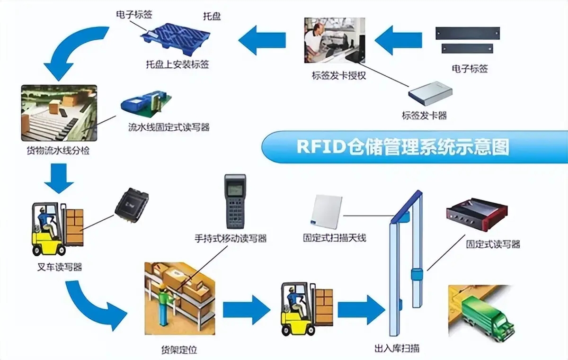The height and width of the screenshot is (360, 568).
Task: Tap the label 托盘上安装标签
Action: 177,63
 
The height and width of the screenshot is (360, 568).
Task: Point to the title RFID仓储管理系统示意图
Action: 402,147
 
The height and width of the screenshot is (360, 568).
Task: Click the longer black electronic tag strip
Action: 467,33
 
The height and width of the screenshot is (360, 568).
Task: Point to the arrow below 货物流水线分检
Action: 59,178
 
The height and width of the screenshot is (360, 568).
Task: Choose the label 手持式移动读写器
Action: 231,238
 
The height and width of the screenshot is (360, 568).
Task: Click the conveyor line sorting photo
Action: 59,113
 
